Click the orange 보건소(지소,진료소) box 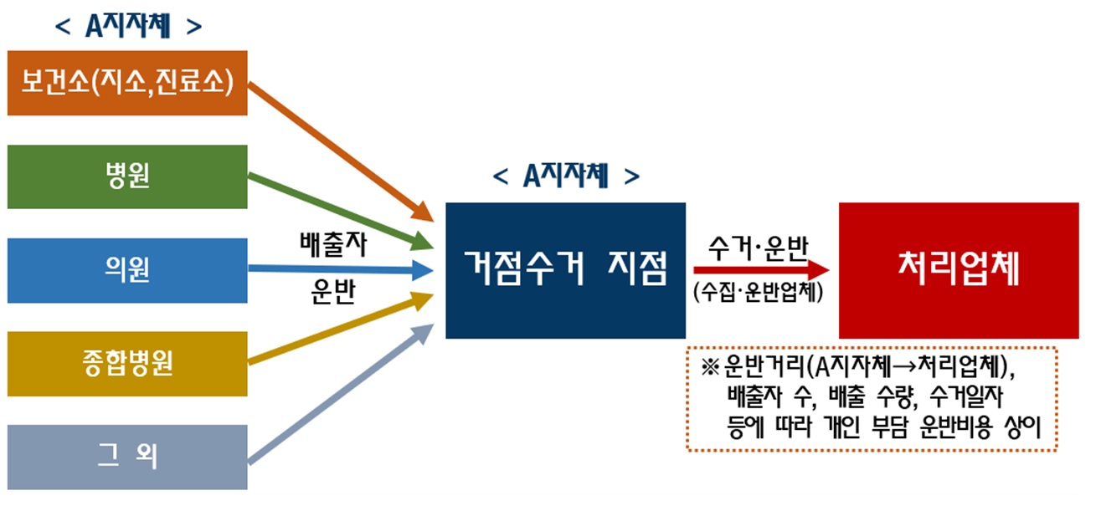127,83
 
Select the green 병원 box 127,176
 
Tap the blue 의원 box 127,270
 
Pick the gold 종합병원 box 127,364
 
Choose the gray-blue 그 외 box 127,457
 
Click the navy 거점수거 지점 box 565,270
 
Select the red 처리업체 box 959,270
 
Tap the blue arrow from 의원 335,270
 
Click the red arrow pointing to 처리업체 758,270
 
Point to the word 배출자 332,246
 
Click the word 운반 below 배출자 332,295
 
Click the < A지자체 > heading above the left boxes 127,27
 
